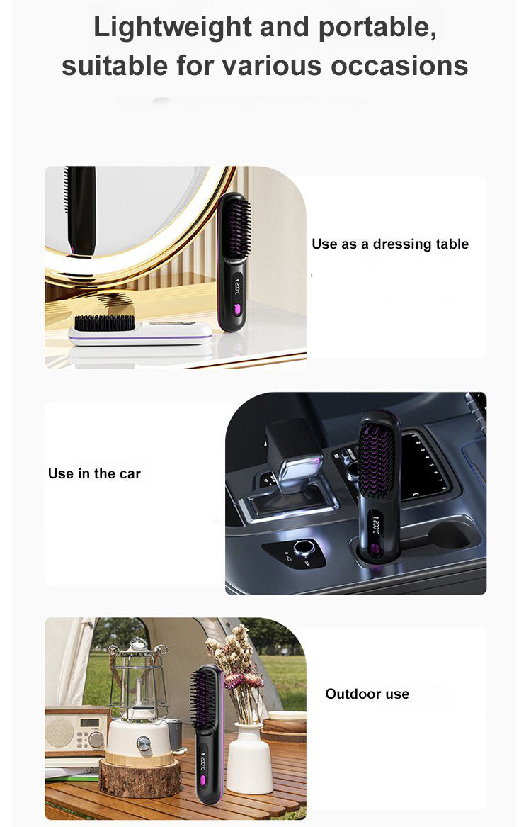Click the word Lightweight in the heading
pos(173,28)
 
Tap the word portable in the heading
pos(376,28)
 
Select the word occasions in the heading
pos(399,66)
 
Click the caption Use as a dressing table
pos(390,244)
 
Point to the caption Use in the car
pos(94,473)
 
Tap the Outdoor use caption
pos(367,694)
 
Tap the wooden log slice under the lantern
pos(139,778)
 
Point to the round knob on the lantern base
pos(143,744)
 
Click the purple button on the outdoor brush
pos(202,780)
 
